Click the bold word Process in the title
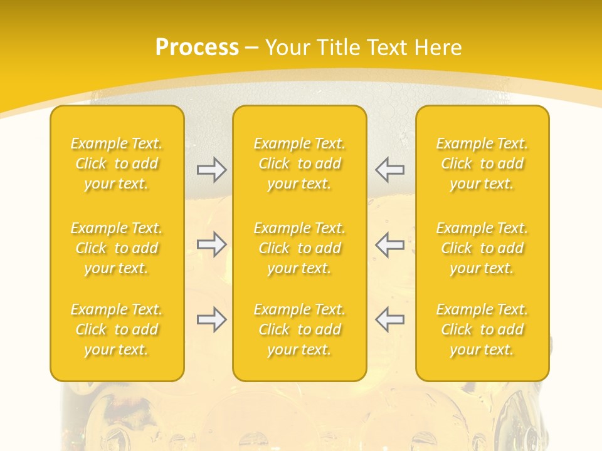click(197, 48)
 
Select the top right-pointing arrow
click(212, 170)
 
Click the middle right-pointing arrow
click(212, 244)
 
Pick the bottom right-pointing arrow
click(212, 319)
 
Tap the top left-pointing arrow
click(390, 170)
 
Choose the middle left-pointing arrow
click(390, 244)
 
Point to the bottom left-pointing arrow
click(390, 319)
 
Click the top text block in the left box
click(117, 163)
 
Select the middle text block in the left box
click(117, 248)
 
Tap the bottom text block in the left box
click(117, 329)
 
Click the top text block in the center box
click(300, 163)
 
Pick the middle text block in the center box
click(300, 248)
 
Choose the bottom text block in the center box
click(300, 329)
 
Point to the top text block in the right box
click(482, 163)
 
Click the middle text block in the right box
click(482, 248)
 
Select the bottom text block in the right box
click(482, 329)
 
